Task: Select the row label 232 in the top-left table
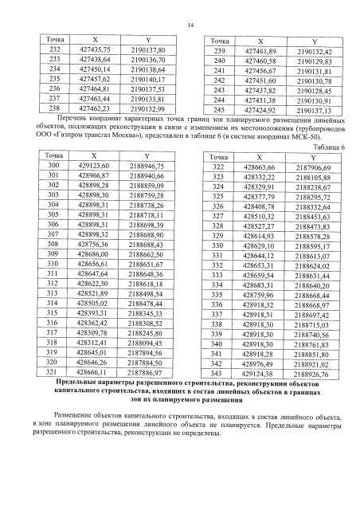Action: [x=55, y=50]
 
